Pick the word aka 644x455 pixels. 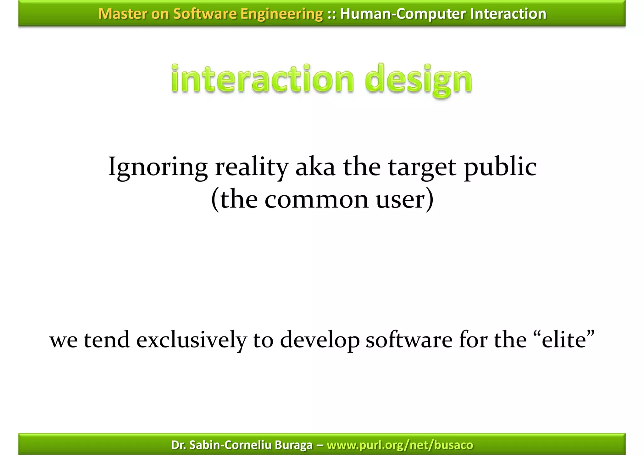pos(315,167)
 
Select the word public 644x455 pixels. pos(500,167)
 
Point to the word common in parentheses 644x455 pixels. pos(316,200)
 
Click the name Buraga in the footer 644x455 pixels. pos(294,445)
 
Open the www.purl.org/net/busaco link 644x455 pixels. pos(400,445)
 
